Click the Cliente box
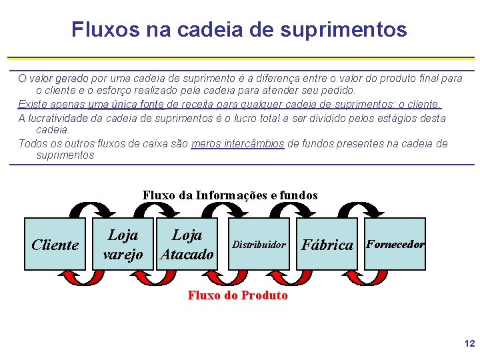pyautogui.click(x=55, y=244)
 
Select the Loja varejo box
pyautogui.click(x=123, y=244)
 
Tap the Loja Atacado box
pyautogui.click(x=188, y=244)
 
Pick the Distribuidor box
pyautogui.click(x=259, y=244)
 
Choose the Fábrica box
pyautogui.click(x=327, y=244)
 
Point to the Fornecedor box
pyautogui.click(x=395, y=244)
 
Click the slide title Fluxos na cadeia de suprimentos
pyautogui.click(x=239, y=29)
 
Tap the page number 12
pyautogui.click(x=469, y=344)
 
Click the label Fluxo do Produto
pyautogui.click(x=238, y=295)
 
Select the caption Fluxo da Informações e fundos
pyautogui.click(x=230, y=195)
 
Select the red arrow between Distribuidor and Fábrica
pyautogui.click(x=293, y=277)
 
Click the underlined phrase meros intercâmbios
pyautogui.click(x=237, y=143)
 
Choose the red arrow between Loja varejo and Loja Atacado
pyautogui.click(x=156, y=277)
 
